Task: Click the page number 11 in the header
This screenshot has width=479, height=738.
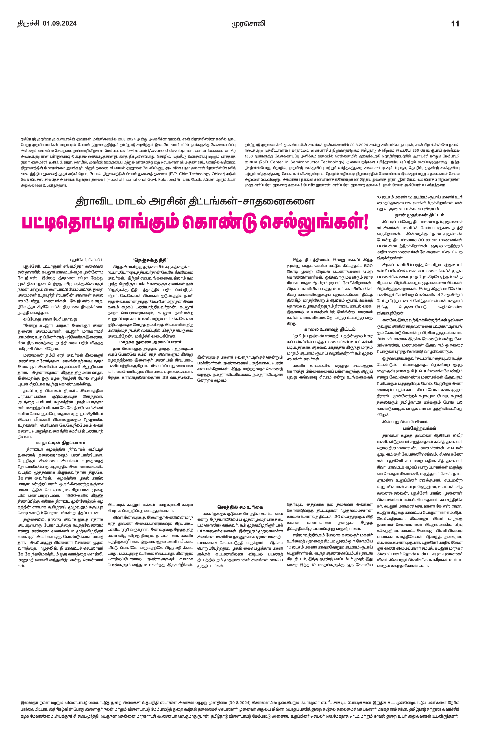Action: tap(455, 24)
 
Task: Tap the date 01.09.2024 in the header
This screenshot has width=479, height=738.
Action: tap(60, 24)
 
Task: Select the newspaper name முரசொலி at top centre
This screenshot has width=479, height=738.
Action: tap(248, 24)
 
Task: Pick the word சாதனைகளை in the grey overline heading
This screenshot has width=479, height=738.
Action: tap(283, 202)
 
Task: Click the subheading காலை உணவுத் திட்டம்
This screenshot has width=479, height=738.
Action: tap(330, 329)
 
